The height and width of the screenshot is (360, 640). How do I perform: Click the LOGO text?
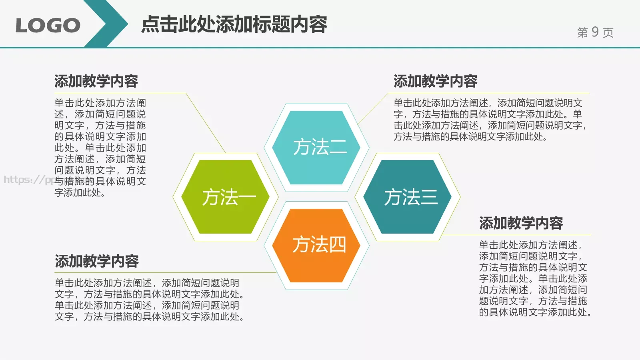(48, 26)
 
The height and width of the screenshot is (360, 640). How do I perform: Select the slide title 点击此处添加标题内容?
(234, 24)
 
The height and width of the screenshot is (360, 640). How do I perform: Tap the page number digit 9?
(595, 32)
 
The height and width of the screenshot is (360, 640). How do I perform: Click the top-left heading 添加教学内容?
(96, 81)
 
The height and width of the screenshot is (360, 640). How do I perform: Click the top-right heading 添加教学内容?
(435, 81)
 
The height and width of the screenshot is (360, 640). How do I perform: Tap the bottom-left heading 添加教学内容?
(96, 261)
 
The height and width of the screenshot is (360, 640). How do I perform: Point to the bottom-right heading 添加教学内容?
(521, 223)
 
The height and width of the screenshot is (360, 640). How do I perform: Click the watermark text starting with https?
(28, 180)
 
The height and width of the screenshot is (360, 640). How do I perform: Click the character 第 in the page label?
(582, 32)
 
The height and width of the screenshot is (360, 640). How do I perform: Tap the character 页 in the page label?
(608, 32)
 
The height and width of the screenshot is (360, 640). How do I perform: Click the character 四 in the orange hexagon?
(338, 245)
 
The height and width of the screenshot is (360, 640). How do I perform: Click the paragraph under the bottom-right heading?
(534, 278)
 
